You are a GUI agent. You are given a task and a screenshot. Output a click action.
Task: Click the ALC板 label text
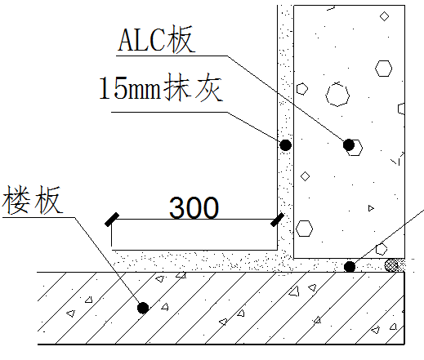[156, 39]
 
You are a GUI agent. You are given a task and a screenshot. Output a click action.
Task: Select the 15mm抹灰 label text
[161, 87]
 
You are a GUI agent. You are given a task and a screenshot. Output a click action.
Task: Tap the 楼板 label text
[32, 200]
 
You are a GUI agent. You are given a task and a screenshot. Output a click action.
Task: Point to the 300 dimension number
[194, 207]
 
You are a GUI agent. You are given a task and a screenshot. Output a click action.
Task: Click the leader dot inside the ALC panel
[349, 144]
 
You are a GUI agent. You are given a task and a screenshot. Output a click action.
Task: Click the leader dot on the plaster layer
[285, 145]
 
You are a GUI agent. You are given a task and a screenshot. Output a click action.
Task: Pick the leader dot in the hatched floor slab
[143, 308]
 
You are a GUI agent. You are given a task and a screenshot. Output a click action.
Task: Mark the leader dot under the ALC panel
[350, 267]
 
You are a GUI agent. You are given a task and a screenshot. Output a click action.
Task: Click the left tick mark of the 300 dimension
[112, 220]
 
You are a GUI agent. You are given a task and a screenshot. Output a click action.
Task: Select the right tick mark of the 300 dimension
[277, 220]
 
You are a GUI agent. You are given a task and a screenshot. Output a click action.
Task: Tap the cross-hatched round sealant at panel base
[391, 265]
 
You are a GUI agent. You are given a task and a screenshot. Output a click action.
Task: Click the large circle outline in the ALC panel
[337, 95]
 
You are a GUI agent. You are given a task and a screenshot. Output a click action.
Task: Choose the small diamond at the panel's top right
[384, 16]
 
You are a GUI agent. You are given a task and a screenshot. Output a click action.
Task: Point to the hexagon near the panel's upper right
[383, 69]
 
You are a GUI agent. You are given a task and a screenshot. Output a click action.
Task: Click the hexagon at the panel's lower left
[304, 229]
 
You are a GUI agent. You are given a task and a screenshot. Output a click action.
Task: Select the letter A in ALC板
[127, 40]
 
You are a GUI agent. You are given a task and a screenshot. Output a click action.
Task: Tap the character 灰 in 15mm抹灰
[208, 87]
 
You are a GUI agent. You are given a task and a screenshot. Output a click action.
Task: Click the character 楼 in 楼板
[16, 200]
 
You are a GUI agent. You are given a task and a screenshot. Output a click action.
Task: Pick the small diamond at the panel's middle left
[305, 176]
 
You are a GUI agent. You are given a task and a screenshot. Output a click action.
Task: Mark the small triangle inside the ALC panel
[371, 208]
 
